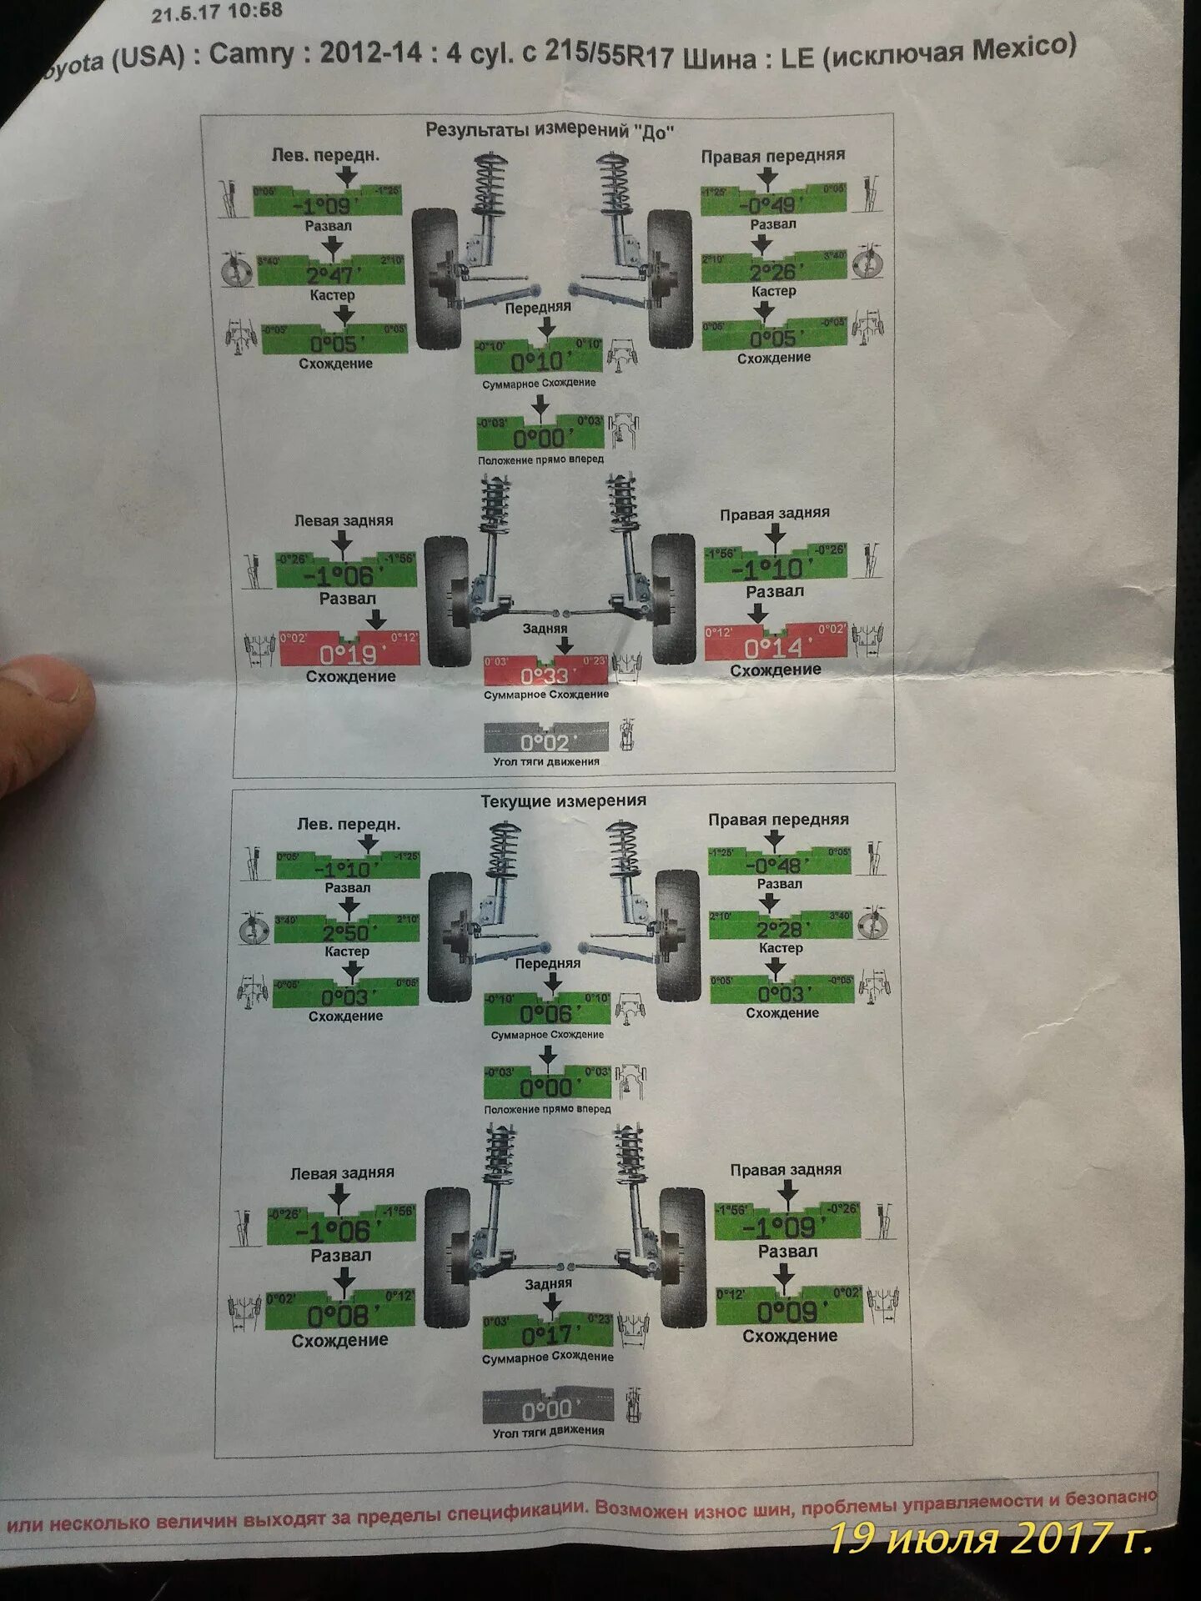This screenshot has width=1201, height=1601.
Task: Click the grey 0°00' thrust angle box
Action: pyautogui.click(x=548, y=1408)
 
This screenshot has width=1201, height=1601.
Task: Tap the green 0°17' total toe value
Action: pyautogui.click(x=548, y=1334)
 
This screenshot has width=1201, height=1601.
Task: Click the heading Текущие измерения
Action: pyautogui.click(x=563, y=800)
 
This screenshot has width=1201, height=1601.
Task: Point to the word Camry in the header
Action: pyautogui.click(x=251, y=55)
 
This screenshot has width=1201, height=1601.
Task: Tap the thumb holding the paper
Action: pyautogui.click(x=42, y=717)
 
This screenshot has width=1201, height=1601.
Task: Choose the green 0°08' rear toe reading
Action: pyautogui.click(x=339, y=1315)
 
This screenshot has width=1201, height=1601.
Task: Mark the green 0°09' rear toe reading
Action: pyautogui.click(x=788, y=1311)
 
